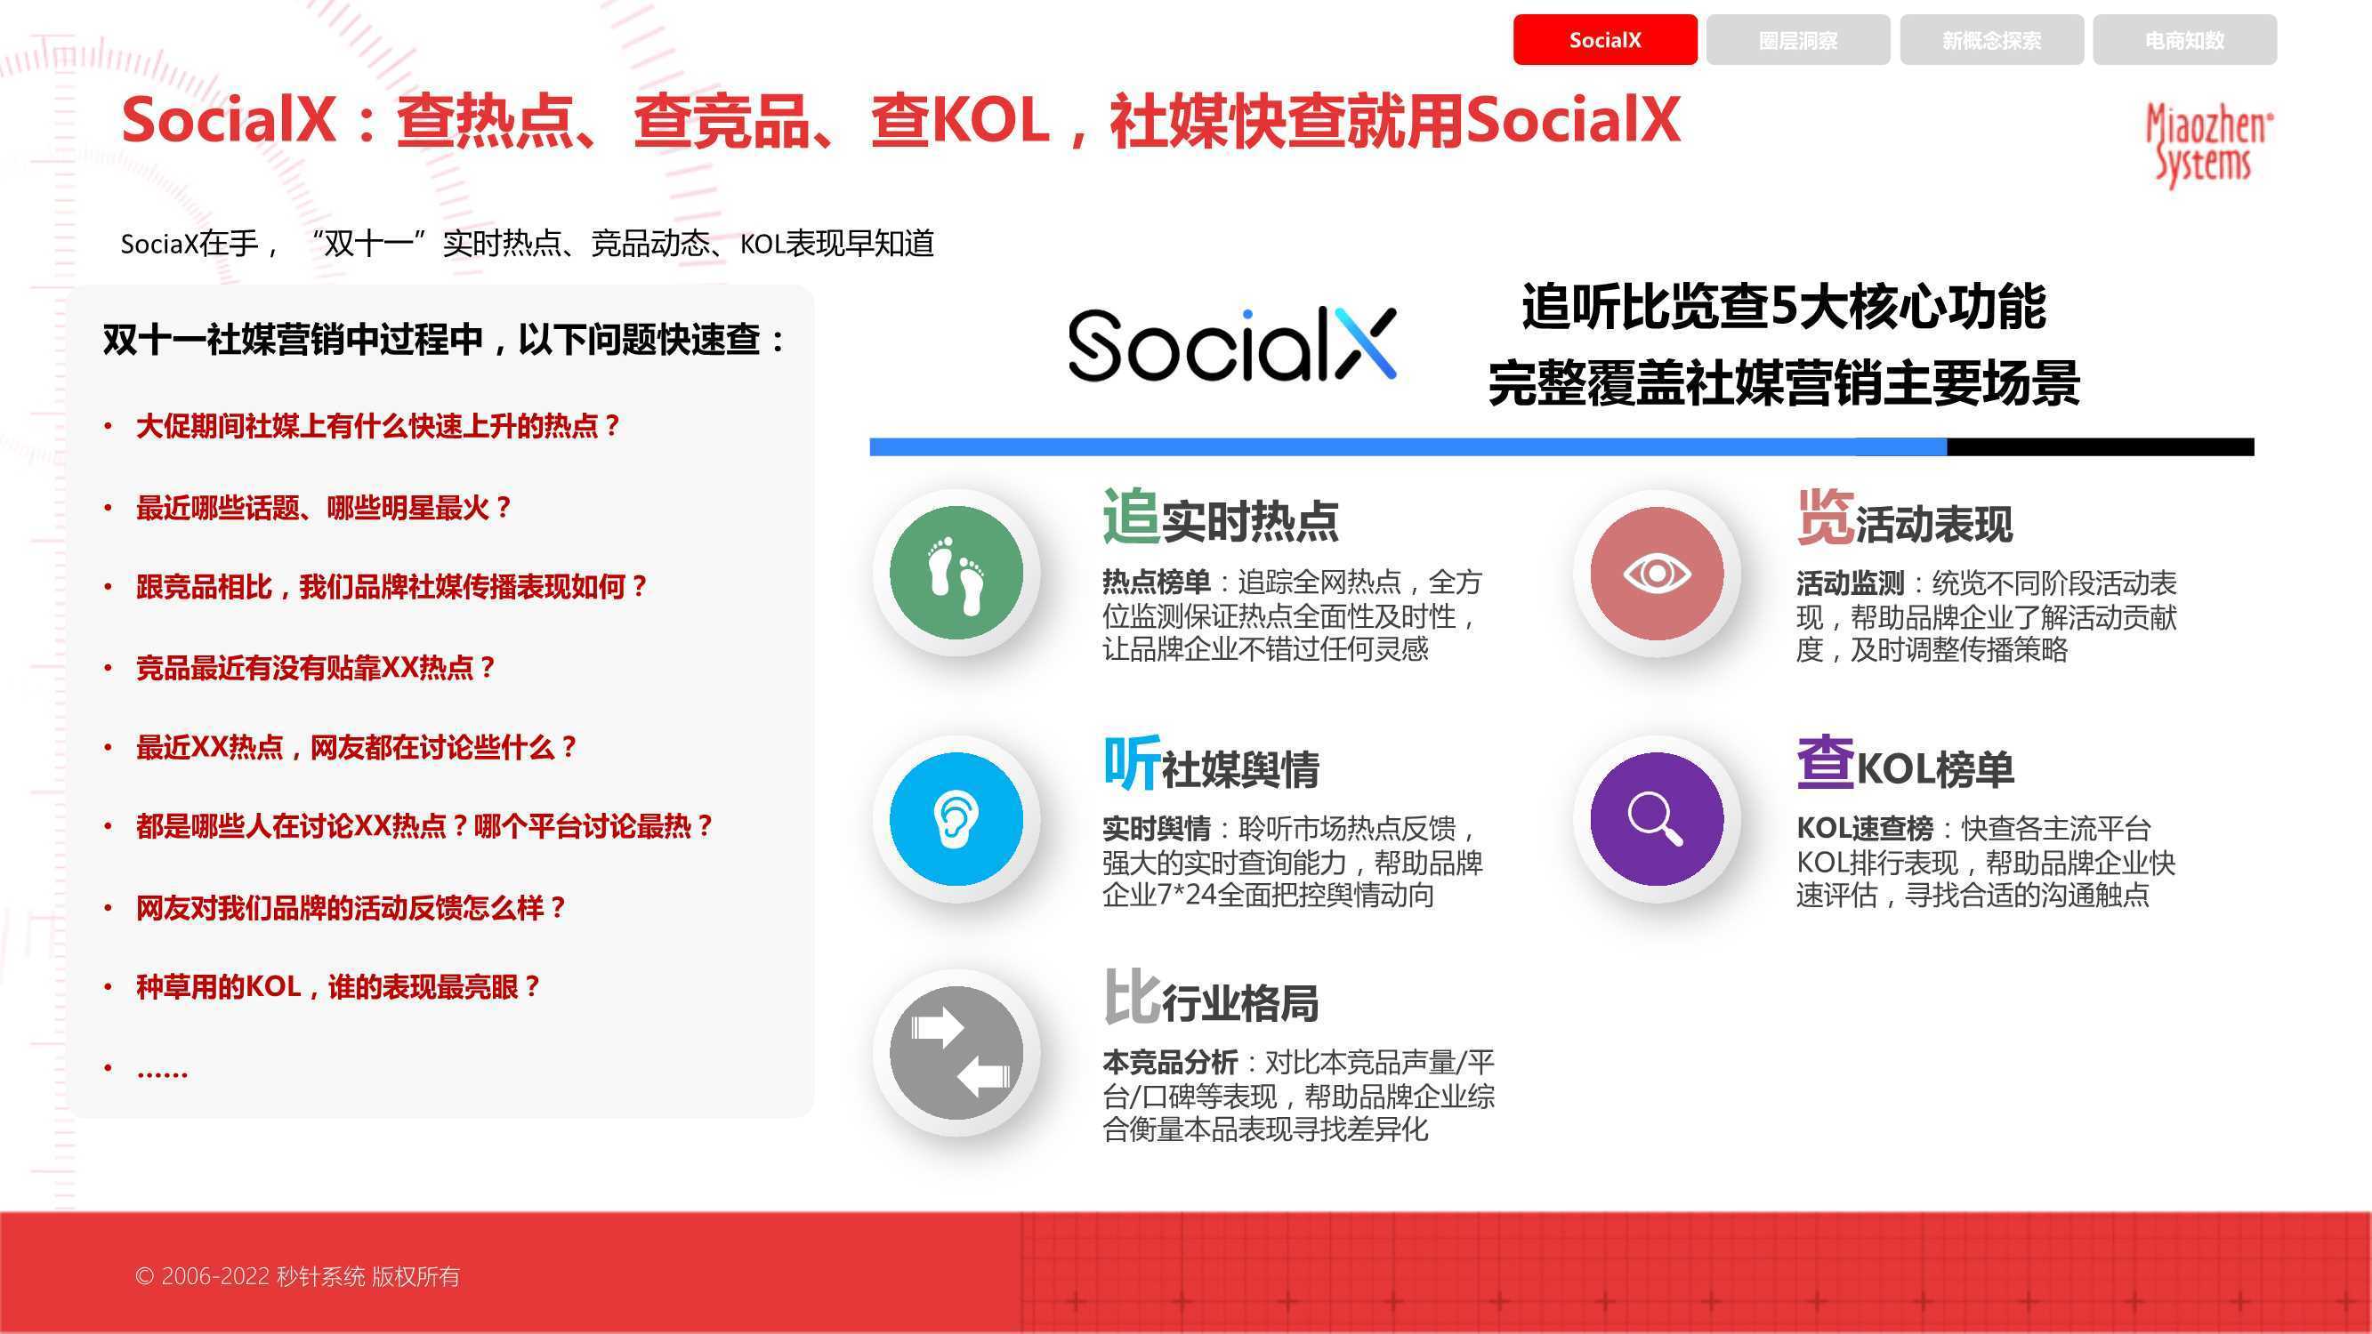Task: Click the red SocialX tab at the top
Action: tap(1605, 40)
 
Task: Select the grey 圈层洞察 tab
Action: tap(1797, 40)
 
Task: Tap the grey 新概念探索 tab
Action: tap(1992, 40)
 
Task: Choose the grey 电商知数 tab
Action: tap(2184, 40)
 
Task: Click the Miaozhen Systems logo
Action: tap(2208, 145)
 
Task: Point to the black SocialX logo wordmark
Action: tap(1232, 344)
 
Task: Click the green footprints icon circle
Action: tap(956, 573)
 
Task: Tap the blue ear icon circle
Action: tap(956, 818)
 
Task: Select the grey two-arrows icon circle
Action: tap(956, 1052)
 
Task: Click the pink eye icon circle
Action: tap(1657, 573)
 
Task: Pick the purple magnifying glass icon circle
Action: tap(1657, 818)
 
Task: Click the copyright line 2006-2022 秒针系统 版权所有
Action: tap(297, 1276)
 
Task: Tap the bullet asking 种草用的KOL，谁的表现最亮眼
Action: tap(337, 987)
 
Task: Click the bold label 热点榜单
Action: tap(1157, 582)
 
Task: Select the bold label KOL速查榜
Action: tap(1865, 829)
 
